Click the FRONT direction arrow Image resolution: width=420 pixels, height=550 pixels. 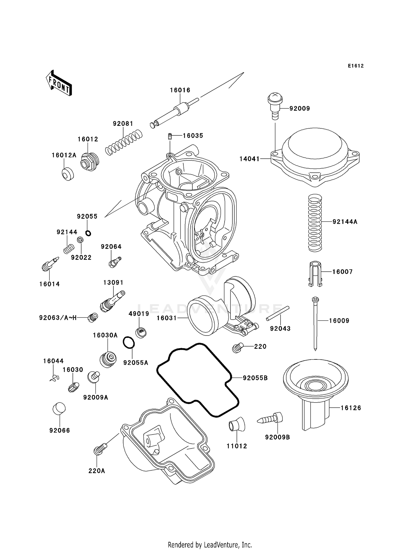59,83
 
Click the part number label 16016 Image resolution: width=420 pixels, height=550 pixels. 180,90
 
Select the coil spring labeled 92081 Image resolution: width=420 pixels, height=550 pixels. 124,142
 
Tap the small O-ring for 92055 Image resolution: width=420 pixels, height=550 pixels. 88,233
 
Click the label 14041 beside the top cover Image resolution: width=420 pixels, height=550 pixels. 249,159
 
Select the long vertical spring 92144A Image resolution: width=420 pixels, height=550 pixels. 315,223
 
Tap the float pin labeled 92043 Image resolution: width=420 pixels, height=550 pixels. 278,313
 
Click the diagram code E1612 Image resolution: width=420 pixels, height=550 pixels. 356,66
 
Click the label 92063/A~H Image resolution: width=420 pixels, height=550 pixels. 58,318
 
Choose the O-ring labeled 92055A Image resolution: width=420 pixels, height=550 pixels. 129,343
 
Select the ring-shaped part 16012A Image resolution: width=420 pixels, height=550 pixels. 67,174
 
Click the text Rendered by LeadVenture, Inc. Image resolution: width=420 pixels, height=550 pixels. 210,545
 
